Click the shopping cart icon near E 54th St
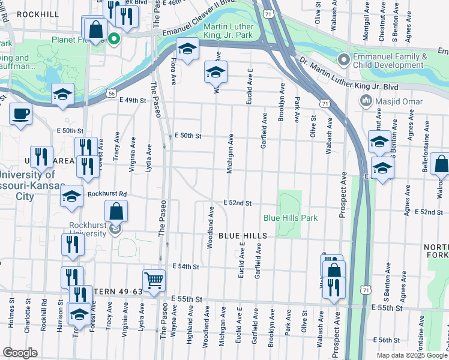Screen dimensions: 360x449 point(154,280)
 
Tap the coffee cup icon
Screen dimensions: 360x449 point(21,113)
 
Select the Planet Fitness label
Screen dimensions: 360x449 point(82,40)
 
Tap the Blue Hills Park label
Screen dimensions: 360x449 point(291,218)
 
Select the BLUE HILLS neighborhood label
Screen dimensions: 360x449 point(242,236)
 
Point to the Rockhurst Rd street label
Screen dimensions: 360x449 point(106,194)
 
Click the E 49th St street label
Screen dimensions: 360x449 point(133,100)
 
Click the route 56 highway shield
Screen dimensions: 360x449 point(112,93)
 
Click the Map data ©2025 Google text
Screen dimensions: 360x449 point(411,355)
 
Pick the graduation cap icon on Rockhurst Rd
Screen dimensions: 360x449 point(71,197)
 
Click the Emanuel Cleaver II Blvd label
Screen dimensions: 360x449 point(204,17)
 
